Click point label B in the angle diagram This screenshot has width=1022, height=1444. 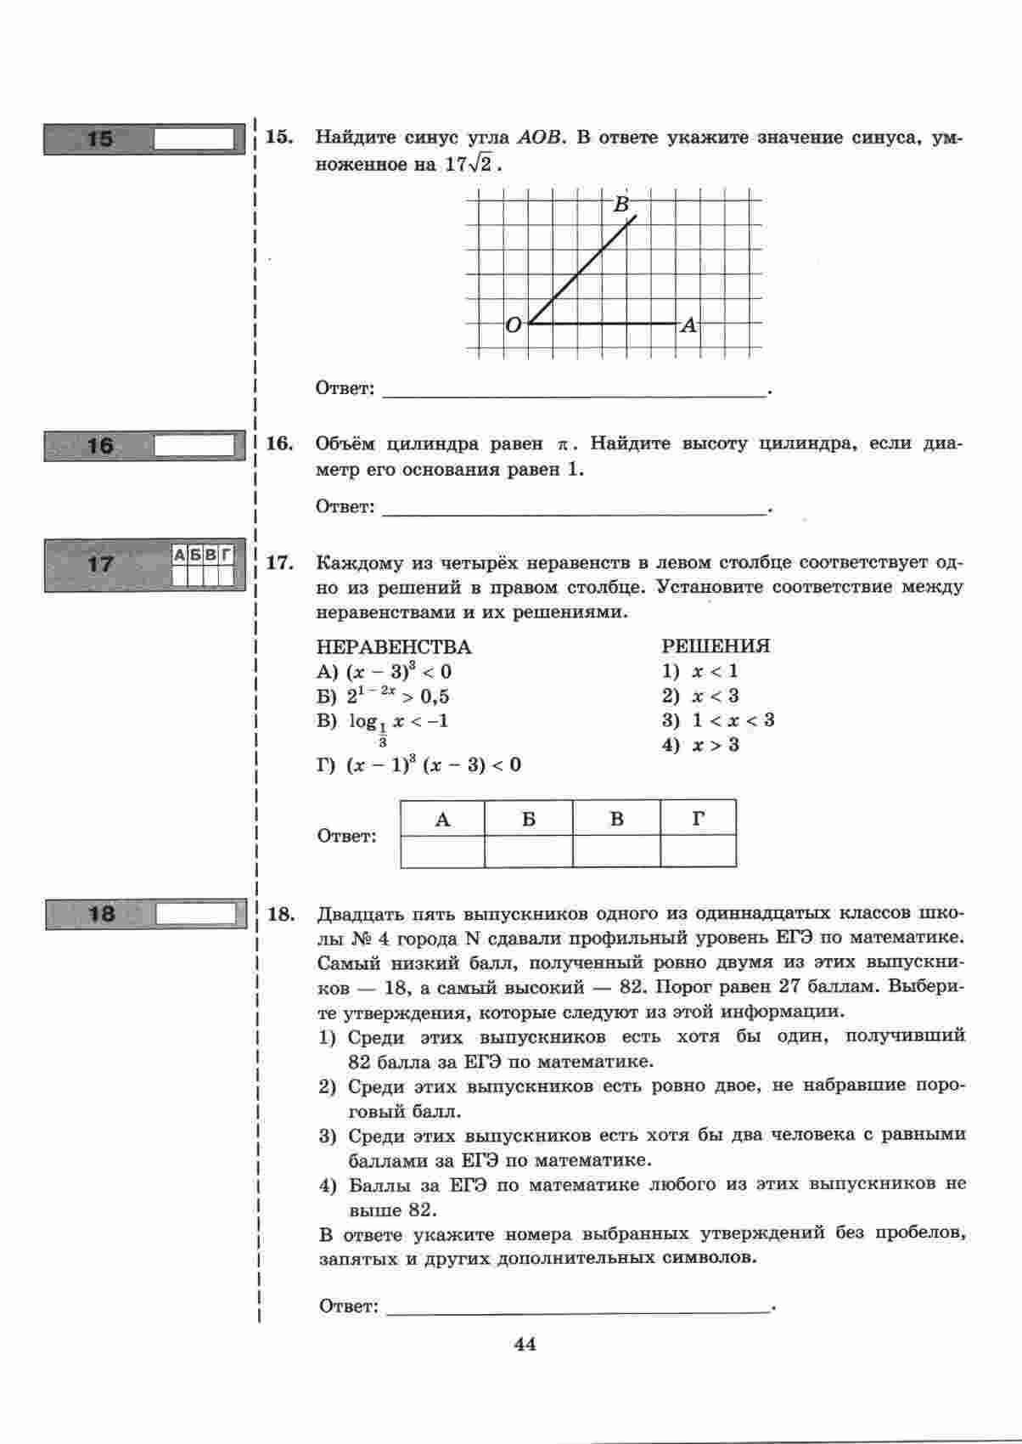(620, 205)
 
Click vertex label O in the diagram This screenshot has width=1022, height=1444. (514, 325)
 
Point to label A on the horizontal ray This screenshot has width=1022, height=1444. (689, 325)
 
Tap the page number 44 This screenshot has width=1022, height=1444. (525, 1344)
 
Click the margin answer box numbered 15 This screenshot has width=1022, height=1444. (194, 139)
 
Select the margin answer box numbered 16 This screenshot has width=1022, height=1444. (194, 446)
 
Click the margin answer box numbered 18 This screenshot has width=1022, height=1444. (195, 914)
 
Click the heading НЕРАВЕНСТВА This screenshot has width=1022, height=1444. (393, 647)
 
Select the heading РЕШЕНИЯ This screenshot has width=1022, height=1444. (716, 646)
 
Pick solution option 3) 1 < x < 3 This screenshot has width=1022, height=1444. (718, 721)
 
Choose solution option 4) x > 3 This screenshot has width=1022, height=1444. (701, 746)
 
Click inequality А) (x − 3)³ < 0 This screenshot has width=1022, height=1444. (384, 672)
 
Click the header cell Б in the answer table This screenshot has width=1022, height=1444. (529, 820)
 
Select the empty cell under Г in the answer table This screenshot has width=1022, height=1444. (698, 851)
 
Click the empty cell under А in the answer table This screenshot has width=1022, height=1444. (442, 851)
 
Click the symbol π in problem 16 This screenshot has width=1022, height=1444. (562, 444)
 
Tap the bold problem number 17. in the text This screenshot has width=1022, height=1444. (280, 562)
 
